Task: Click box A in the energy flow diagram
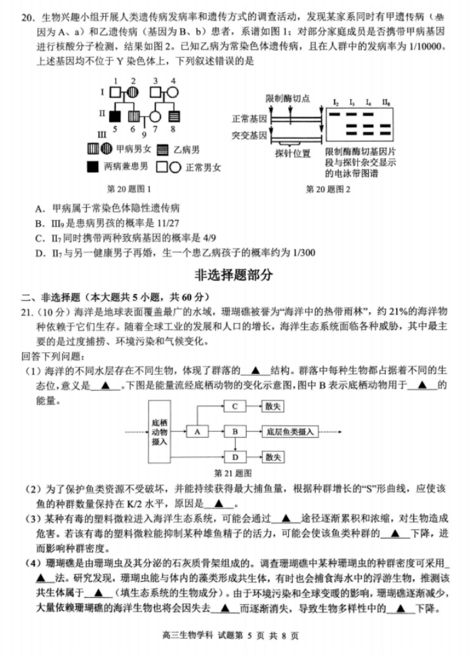tap(197, 432)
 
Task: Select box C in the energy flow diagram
tap(234, 406)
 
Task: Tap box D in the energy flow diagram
tap(234, 457)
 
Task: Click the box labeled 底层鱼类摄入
tap(289, 432)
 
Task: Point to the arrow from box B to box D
tap(234, 445)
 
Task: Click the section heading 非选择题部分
tap(234, 275)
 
